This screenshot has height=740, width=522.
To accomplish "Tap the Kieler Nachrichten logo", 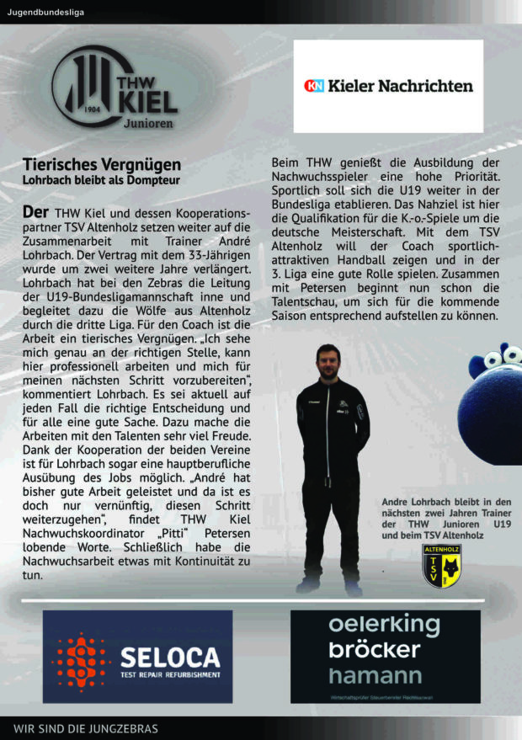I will click(388, 85).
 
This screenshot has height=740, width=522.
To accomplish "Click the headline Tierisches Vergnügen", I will click(102, 164).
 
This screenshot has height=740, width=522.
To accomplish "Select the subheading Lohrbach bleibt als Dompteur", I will click(101, 180).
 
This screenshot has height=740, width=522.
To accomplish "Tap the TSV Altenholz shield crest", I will click(440, 565).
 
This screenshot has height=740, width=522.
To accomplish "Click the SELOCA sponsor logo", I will click(137, 657).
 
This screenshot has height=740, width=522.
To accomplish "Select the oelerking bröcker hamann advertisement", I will click(386, 655).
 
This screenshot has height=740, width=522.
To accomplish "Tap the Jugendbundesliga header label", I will click(45, 12).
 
